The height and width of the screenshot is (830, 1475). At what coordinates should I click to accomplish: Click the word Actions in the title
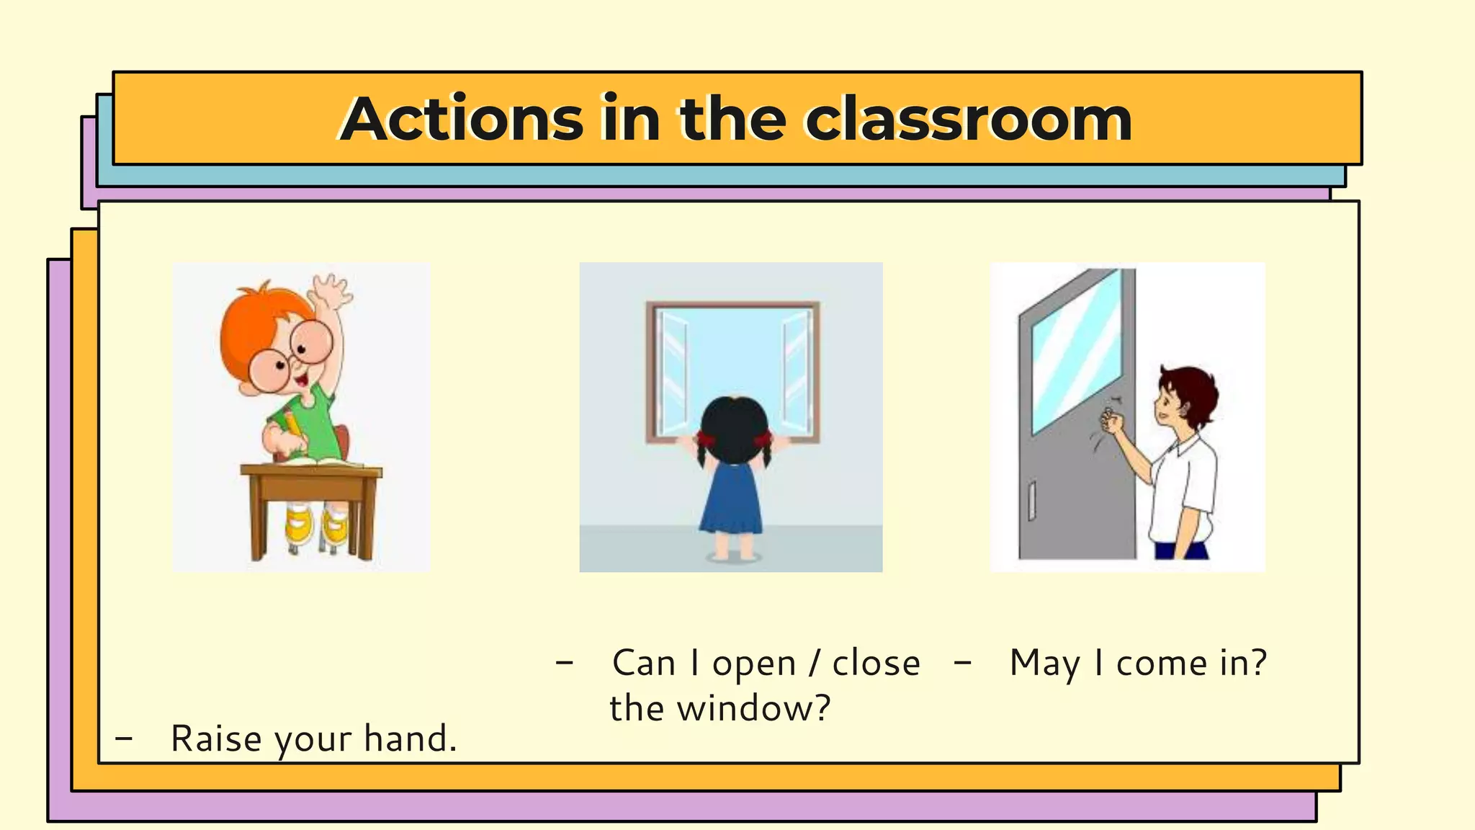(x=461, y=119)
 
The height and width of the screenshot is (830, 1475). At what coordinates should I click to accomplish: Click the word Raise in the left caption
(x=215, y=738)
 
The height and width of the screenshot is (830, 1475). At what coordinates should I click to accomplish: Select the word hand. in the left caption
(x=410, y=738)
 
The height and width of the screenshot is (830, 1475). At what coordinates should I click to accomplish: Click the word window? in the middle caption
(x=754, y=708)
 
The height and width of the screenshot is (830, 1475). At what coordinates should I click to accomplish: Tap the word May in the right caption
(x=1044, y=664)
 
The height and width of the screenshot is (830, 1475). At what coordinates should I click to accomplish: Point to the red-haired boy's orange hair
(x=252, y=324)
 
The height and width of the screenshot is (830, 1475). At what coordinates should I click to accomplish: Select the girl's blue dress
(x=730, y=501)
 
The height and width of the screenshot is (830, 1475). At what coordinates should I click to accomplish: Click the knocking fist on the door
(x=1113, y=420)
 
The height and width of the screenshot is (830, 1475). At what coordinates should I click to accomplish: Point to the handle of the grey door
(x=1031, y=501)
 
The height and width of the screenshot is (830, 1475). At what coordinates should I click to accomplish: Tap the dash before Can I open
(x=565, y=662)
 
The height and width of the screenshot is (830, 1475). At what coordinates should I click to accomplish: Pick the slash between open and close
(x=814, y=664)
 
